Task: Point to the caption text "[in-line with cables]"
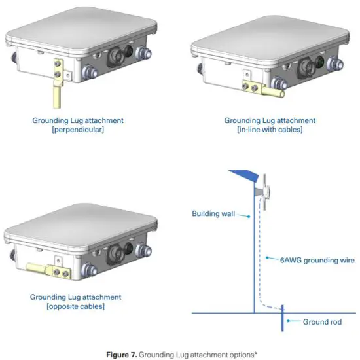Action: pyautogui.click(x=270, y=130)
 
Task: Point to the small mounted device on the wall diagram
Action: pyautogui.click(x=267, y=189)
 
